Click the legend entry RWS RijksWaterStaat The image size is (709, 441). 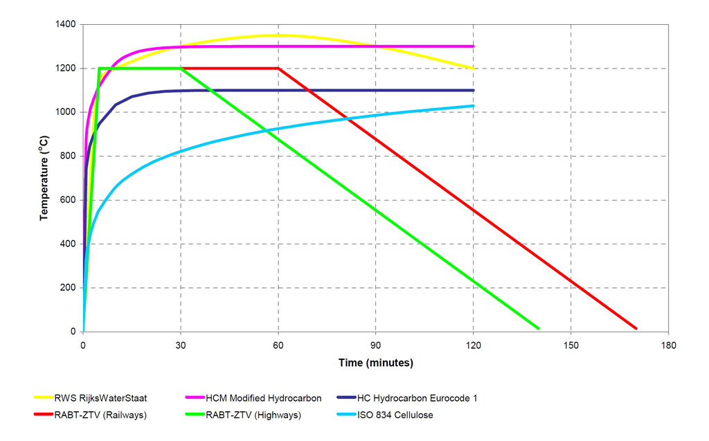[x=91, y=398]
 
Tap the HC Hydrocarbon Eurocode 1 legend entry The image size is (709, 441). [x=407, y=398]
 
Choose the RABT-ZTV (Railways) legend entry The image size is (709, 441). [x=91, y=415]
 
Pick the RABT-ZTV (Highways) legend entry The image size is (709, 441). [x=243, y=415]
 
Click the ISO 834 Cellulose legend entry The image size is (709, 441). [x=385, y=415]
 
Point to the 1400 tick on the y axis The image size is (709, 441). [x=66, y=24]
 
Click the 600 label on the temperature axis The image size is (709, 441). [x=69, y=200]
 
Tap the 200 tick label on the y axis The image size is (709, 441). [x=69, y=288]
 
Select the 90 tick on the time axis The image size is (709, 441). [x=376, y=345]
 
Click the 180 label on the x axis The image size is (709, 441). [x=668, y=345]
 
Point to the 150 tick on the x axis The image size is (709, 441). [x=571, y=345]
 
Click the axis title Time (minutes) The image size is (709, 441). [x=376, y=363]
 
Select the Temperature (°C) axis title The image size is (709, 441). [x=44, y=178]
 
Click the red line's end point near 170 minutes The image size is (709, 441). [x=636, y=328]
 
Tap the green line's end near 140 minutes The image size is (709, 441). [x=538, y=328]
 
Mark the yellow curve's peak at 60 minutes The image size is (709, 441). [x=278, y=35]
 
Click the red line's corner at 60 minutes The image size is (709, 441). [x=278, y=69]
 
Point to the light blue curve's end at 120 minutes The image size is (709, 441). [x=473, y=106]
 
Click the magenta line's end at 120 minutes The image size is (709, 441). [x=473, y=46]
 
